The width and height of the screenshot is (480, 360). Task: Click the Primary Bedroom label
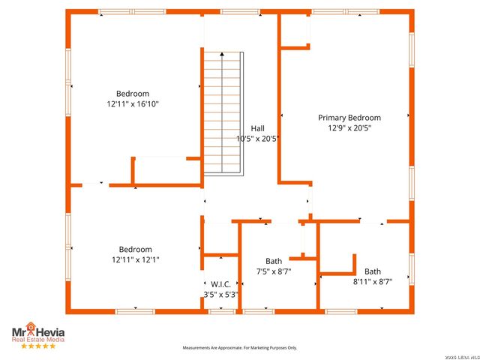349,118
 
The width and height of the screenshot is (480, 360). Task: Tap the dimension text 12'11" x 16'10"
133,104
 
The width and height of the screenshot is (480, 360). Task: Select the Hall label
257,128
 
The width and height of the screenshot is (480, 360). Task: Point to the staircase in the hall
223,112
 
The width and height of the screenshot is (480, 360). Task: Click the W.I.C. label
220,284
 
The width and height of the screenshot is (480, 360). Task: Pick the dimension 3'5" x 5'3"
220,295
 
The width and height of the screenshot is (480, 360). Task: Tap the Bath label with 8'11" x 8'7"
373,271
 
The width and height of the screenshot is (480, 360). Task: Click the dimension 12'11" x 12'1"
135,259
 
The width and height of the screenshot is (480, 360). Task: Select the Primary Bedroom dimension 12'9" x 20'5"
349,128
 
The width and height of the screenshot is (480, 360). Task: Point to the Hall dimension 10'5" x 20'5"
257,139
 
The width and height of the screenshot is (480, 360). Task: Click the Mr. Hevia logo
37,331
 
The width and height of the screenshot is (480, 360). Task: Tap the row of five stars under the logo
37,346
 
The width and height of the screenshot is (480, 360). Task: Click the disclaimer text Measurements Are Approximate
240,348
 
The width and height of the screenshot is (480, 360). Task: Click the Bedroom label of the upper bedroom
133,94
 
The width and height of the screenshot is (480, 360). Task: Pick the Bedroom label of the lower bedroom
135,250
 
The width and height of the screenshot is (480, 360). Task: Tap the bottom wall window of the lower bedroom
135,310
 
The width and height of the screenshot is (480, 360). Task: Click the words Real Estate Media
37,340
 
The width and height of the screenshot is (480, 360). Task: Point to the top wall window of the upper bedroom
121,12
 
